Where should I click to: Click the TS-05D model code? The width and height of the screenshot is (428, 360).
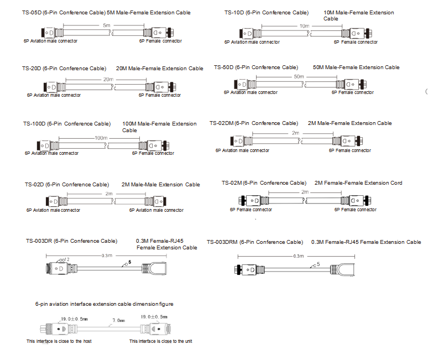point(32,12)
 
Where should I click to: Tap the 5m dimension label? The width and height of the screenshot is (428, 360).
point(105,25)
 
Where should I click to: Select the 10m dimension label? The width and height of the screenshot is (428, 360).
point(304,26)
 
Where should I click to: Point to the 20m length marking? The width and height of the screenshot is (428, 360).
point(108,79)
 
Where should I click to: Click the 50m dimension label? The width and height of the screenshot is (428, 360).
point(299,76)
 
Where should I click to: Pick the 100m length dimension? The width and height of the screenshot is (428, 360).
point(101,138)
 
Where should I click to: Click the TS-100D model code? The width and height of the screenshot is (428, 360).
point(34,124)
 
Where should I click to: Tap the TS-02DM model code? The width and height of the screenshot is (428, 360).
point(222,123)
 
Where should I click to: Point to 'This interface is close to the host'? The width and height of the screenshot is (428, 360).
point(59,341)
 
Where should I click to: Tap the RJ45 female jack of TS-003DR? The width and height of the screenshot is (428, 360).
point(158,269)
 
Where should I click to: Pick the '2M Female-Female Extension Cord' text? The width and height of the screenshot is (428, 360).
point(358,183)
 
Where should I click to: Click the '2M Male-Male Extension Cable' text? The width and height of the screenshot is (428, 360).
point(160,185)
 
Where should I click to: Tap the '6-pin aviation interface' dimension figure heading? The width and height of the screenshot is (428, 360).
point(104,304)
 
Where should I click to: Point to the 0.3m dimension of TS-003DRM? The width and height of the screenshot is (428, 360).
point(299,256)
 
